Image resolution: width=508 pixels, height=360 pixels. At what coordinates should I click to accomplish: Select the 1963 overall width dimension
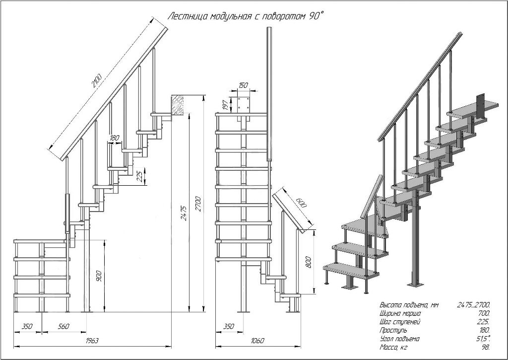(x=92, y=341)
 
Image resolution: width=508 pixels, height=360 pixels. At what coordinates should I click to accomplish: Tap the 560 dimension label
(x=63, y=326)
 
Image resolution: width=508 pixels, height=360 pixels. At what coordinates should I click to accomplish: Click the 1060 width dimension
(x=258, y=341)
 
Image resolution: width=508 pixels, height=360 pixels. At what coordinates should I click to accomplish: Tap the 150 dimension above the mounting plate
(x=243, y=85)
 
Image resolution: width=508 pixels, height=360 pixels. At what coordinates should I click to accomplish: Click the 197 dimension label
(x=225, y=105)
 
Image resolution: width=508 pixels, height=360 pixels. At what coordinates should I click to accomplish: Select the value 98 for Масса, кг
(x=486, y=347)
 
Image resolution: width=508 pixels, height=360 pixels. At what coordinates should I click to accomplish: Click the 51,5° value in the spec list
(x=483, y=338)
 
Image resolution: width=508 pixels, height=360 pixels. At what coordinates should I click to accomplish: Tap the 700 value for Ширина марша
(x=484, y=313)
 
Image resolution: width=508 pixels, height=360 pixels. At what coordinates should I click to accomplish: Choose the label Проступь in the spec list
(x=393, y=330)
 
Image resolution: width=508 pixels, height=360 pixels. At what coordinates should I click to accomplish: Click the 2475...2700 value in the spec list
(x=473, y=305)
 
